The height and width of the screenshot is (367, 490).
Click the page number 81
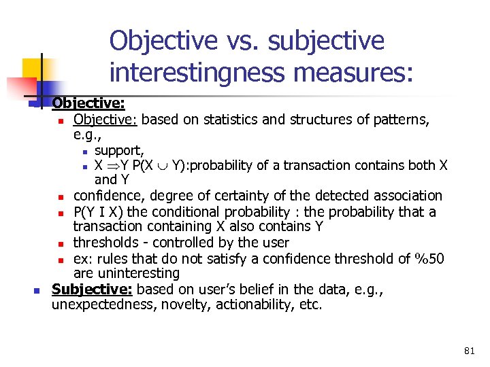pyautogui.click(x=469, y=351)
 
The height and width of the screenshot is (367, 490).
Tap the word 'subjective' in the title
pyautogui.click(x=327, y=41)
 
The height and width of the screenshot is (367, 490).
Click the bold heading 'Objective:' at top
pyautogui.click(x=88, y=104)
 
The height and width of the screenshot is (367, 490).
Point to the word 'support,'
pyautogui.click(x=119, y=150)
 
